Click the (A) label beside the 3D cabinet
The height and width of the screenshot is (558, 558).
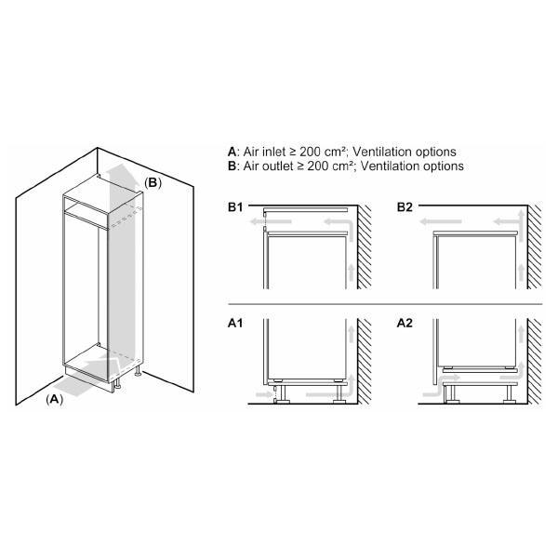pos(54,399)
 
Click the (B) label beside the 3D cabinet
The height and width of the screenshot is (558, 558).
pos(153,183)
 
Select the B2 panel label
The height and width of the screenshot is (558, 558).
pos(405,206)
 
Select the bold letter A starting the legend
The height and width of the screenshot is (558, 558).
pos(232,152)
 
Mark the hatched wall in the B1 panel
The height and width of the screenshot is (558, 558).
pos(365,251)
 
